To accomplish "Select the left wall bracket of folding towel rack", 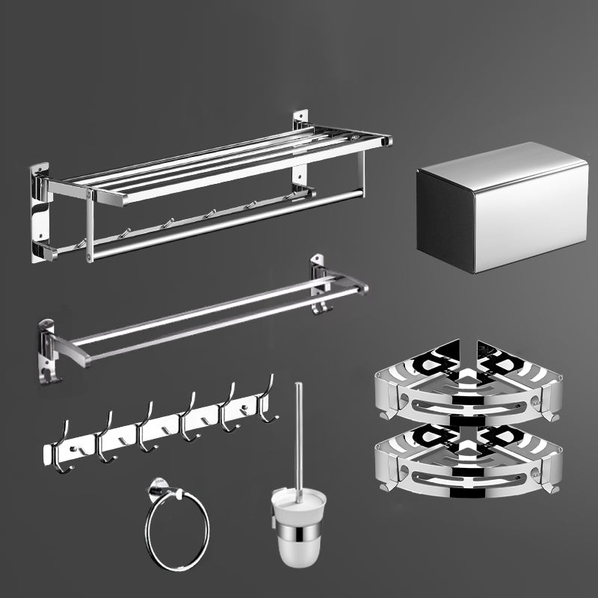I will (40, 213).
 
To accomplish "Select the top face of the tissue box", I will (493, 161).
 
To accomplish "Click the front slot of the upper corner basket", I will (467, 407).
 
